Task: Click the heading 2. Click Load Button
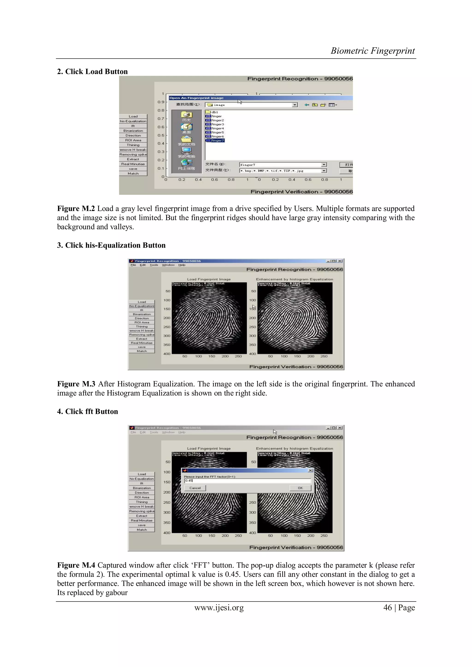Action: pos(92,71)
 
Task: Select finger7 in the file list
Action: pos(217,141)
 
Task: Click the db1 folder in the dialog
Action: pos(215,112)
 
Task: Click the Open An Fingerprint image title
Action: pos(196,98)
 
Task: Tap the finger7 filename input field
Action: pos(280,165)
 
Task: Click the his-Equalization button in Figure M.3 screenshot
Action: pos(142,306)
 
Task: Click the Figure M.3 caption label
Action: pos(76,384)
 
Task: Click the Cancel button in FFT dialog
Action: pos(195,488)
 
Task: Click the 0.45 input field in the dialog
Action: pos(247,481)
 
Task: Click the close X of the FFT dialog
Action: pos(310,470)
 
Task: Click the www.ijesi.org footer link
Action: pos(219,608)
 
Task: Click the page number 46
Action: pos(387,608)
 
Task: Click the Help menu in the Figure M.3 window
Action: pos(182,265)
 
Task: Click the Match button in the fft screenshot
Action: pos(142,530)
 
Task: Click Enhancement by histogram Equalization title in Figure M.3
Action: pos(294,279)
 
